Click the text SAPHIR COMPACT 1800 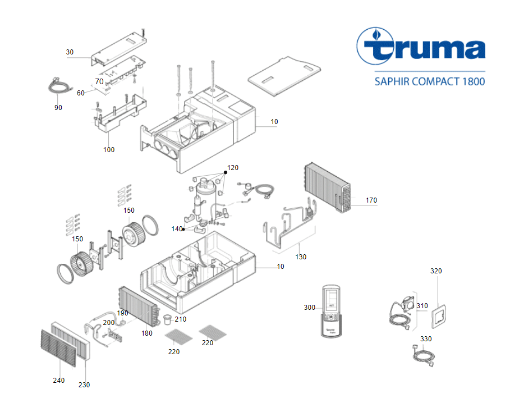pos(429,81)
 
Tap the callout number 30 pos(70,52)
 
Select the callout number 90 pos(58,107)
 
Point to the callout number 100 pos(109,149)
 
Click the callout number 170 pos(371,200)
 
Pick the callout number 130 pos(301,257)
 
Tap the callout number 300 pos(309,307)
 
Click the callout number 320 pos(436,271)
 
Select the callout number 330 pos(426,339)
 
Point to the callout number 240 pos(58,380)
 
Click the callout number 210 pos(180,319)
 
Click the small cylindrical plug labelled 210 pos(167,319)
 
